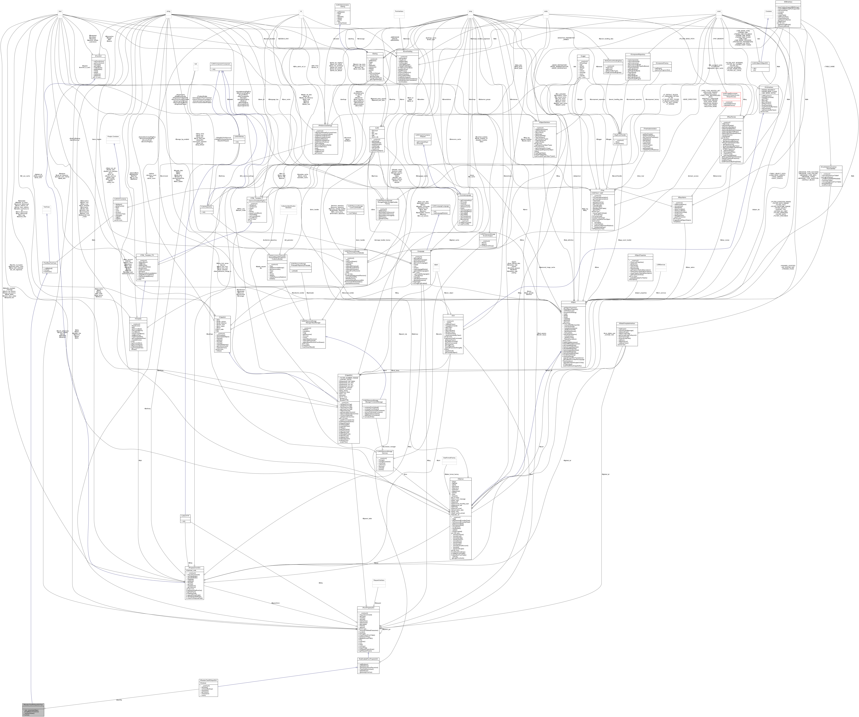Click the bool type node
point(60,11)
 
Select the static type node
point(546,11)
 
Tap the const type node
point(719,11)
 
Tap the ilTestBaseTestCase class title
point(50,263)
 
